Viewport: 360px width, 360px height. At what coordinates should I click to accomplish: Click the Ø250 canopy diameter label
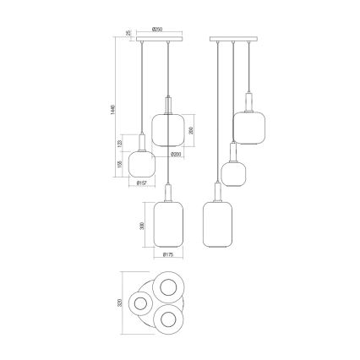coord(157,30)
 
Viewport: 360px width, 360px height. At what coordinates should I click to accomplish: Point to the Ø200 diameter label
coord(175,155)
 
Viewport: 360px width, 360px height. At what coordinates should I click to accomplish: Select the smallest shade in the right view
coord(232,170)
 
